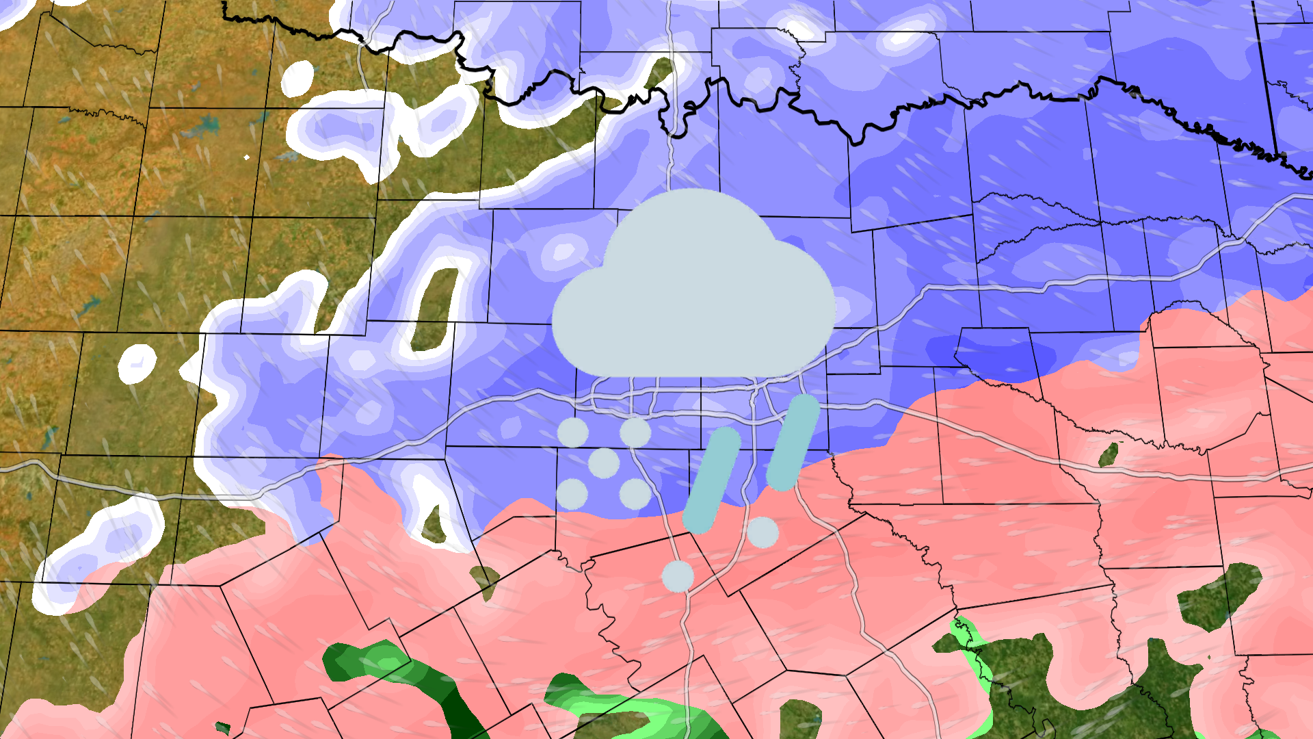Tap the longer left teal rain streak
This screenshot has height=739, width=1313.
coord(712,480)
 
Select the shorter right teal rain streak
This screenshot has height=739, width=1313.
coord(793,442)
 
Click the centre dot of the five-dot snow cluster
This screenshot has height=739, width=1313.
coord(604,463)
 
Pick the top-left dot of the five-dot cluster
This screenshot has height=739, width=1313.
coord(572,432)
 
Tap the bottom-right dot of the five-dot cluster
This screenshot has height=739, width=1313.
coord(635,493)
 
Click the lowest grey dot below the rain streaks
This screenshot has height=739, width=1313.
coord(678,576)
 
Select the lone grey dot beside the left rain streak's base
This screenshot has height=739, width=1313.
coord(762,532)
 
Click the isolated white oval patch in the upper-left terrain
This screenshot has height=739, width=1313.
coord(297,78)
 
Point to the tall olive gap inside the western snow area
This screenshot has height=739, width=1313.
coord(435,308)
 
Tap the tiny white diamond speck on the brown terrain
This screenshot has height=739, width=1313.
coord(247,157)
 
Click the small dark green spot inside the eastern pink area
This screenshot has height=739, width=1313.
coord(1109,454)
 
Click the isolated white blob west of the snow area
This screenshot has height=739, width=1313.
coord(137,363)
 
